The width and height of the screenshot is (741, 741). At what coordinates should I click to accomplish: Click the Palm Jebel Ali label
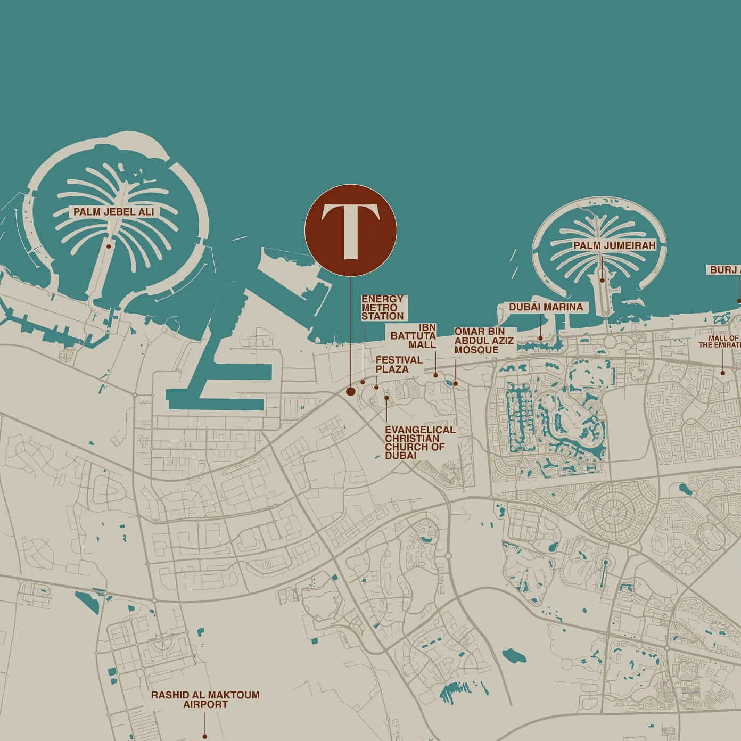click(114, 212)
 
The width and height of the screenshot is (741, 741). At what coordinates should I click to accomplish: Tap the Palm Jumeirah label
click(614, 245)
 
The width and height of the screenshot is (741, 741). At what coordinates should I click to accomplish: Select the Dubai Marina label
click(546, 307)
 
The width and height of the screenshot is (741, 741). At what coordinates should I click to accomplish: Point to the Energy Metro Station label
click(382, 308)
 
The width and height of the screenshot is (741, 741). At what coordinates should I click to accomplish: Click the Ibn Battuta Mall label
click(414, 336)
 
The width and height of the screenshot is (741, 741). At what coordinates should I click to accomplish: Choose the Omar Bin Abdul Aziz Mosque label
click(483, 341)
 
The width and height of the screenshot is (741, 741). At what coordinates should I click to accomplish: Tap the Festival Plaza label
click(399, 364)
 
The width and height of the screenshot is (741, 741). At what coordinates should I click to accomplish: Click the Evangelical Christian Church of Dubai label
click(419, 442)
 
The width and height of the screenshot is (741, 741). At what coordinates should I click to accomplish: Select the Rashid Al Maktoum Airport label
click(205, 699)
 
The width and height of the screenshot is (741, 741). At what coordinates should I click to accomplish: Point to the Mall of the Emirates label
click(720, 342)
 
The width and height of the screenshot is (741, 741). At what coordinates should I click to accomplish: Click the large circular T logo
click(350, 230)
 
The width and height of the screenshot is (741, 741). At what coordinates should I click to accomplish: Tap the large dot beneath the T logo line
click(350, 392)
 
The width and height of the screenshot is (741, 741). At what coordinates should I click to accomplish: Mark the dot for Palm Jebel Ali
click(109, 246)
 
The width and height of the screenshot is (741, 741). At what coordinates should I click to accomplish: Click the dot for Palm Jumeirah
click(602, 280)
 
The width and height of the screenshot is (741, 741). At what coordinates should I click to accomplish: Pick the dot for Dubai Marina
click(540, 338)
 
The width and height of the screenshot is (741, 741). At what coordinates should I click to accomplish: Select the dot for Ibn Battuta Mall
click(435, 375)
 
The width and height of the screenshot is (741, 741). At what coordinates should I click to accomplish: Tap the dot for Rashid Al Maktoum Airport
click(204, 737)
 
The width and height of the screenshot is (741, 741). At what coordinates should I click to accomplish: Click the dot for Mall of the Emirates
click(723, 373)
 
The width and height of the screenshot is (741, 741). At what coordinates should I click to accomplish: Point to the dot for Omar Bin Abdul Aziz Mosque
click(455, 383)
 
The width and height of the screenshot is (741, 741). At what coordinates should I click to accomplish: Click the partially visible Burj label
click(724, 270)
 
